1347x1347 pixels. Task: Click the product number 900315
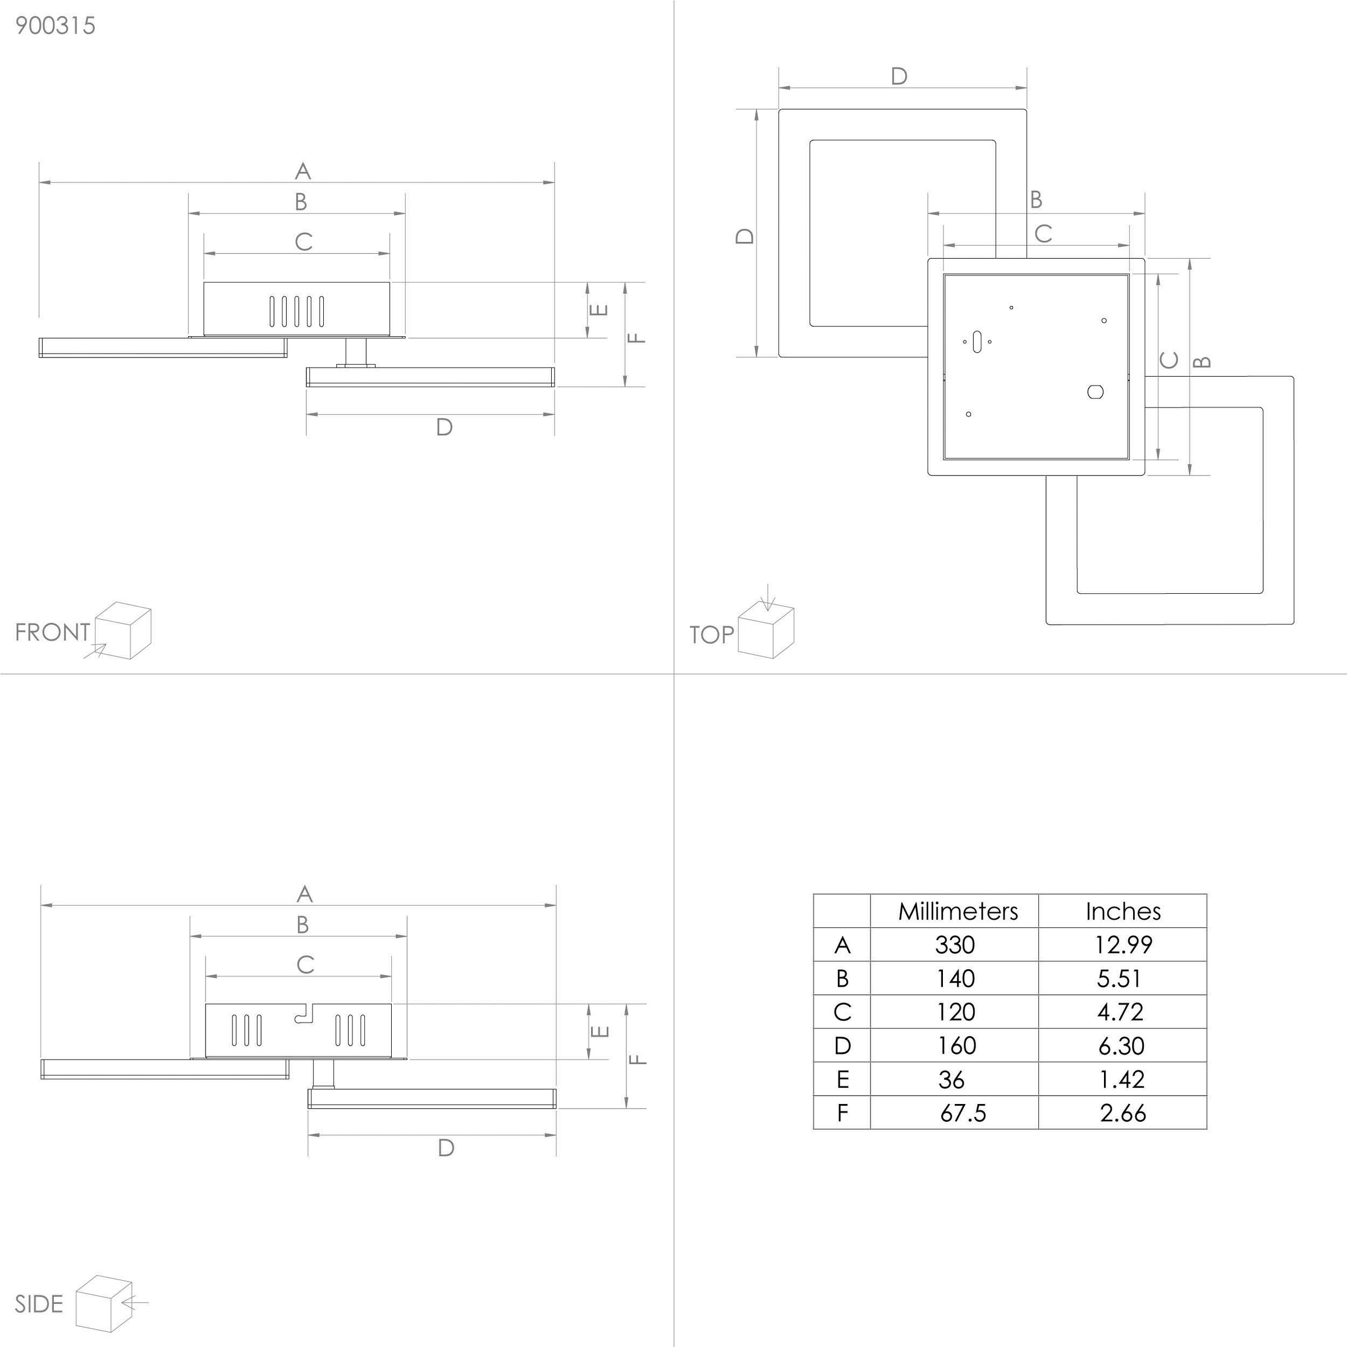55,26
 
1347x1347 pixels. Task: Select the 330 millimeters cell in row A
955,945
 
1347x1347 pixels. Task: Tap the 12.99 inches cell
1122,945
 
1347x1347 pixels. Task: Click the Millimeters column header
957,911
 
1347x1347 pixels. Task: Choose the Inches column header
1122,911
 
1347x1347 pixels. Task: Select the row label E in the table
842,1080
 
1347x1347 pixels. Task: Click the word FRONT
52,633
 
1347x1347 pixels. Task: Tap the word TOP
711,634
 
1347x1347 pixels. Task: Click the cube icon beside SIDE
104,1303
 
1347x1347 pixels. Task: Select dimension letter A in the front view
303,171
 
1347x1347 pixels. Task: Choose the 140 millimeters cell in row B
955,978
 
